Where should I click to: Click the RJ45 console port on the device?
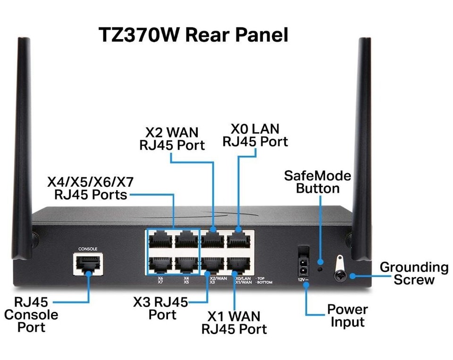[x=88, y=264]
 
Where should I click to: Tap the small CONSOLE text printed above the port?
[x=88, y=248]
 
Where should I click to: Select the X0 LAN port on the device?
[x=241, y=241]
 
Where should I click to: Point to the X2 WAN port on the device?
[x=215, y=241]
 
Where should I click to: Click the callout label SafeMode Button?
[x=318, y=183]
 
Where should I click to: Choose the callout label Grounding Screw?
[x=414, y=274]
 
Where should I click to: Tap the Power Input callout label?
[x=347, y=316]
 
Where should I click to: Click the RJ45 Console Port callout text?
[x=32, y=314]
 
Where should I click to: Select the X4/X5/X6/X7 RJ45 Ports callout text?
[x=91, y=188]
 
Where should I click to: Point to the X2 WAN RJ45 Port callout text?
[x=172, y=138]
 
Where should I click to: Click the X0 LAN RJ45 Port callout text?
[x=255, y=135]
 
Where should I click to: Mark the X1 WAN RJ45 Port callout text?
[x=234, y=322]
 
